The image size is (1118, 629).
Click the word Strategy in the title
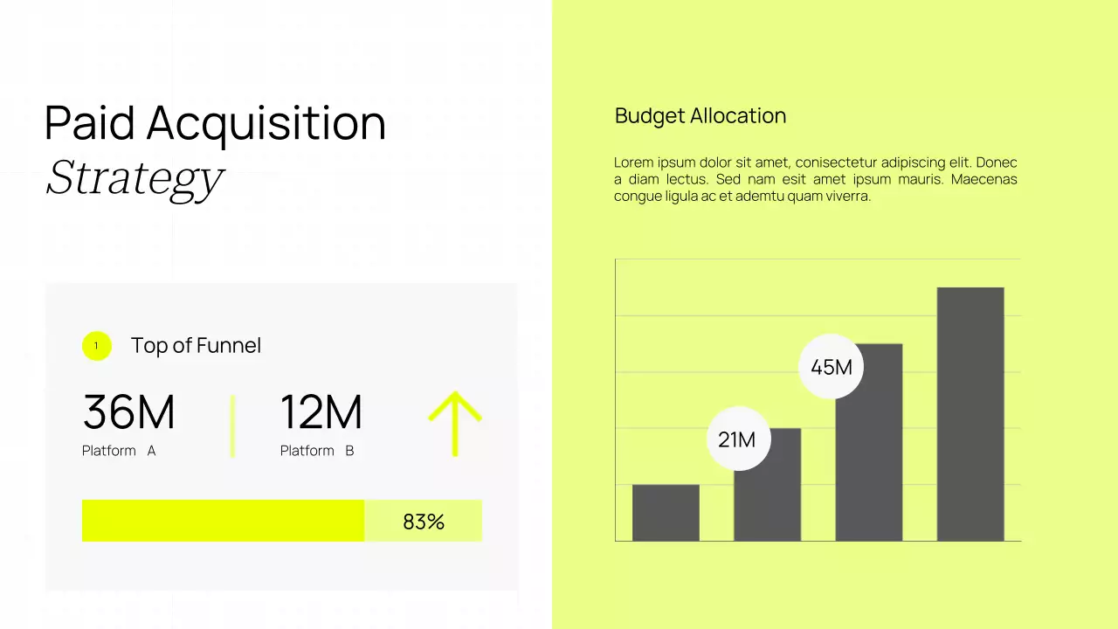[135, 177]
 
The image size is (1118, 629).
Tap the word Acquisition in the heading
[266, 123]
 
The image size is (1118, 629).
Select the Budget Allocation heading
[700, 116]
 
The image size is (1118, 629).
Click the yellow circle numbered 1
[96, 346]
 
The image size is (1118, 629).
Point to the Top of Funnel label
[196, 346]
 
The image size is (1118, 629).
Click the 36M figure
[128, 412]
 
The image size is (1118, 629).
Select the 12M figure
[321, 412]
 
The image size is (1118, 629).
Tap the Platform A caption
[119, 451]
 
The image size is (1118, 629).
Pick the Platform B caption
[317, 451]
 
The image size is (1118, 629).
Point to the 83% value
[424, 522]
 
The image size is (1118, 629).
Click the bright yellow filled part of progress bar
[223, 521]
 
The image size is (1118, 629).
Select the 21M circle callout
[737, 439]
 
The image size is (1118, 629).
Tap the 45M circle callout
[831, 367]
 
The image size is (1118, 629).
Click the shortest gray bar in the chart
[666, 513]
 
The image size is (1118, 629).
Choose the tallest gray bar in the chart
[970, 414]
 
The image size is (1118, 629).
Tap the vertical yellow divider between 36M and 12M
[232, 425]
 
